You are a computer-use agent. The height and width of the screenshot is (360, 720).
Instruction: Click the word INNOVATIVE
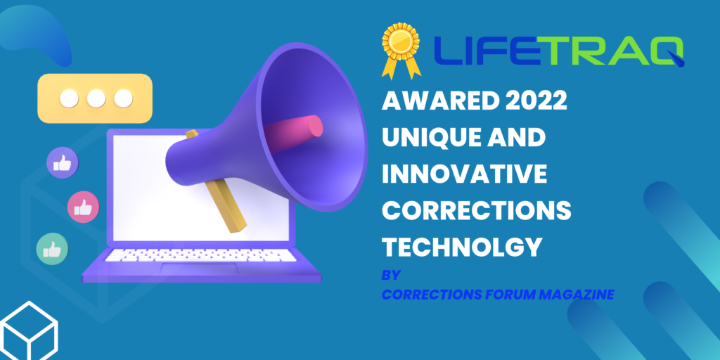pyautogui.click(x=464, y=174)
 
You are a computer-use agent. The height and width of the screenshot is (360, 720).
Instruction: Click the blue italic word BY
pyautogui.click(x=391, y=275)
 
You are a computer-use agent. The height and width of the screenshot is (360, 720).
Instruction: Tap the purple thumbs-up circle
pyautogui.click(x=63, y=162)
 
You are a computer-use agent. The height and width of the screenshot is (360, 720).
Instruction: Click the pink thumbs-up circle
pyautogui.click(x=83, y=207)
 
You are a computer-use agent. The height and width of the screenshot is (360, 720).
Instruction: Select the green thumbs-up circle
pyautogui.click(x=52, y=249)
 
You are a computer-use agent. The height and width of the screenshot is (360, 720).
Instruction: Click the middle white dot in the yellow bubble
pyautogui.click(x=96, y=98)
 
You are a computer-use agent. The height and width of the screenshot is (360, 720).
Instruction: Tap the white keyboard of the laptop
pyautogui.click(x=200, y=255)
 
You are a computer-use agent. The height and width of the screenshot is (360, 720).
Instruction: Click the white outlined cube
pyautogui.click(x=28, y=331)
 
